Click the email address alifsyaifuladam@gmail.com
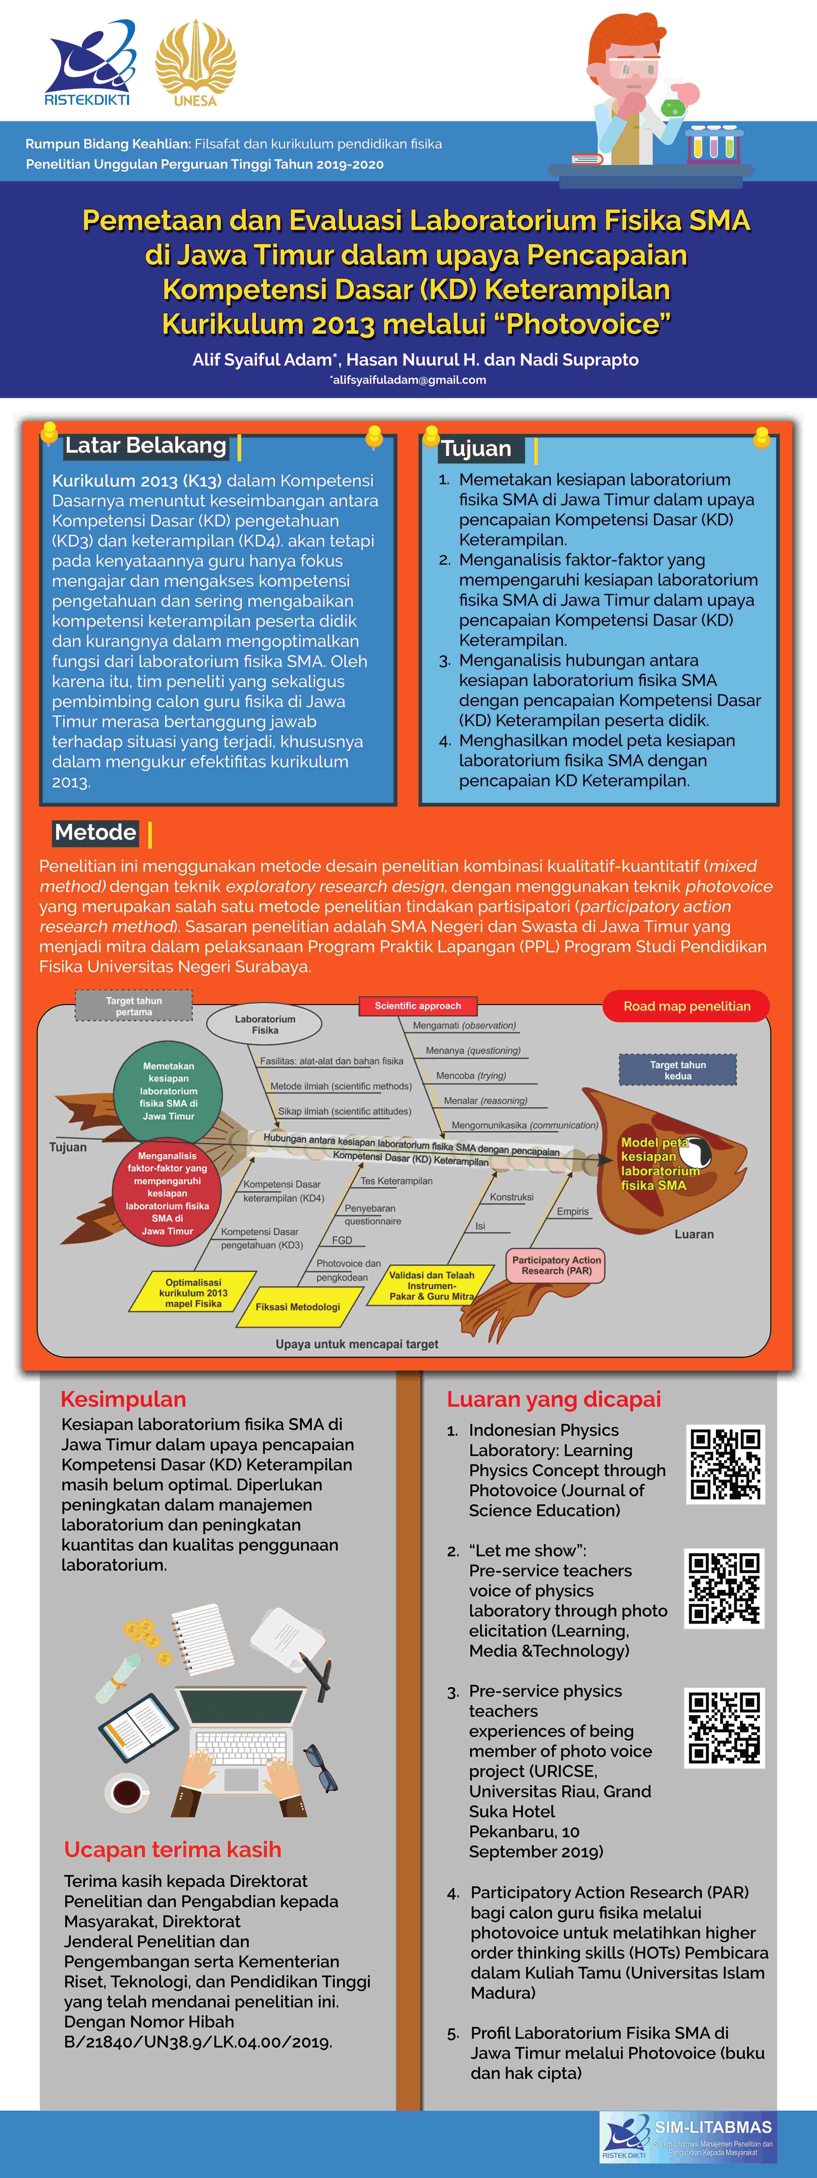point(409,380)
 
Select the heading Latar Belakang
point(146,446)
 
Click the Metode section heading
point(95,833)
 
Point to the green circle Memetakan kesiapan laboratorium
point(168,1091)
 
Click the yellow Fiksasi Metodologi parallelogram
point(298,1306)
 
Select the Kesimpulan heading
point(123,1398)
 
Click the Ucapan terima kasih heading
point(172,1849)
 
